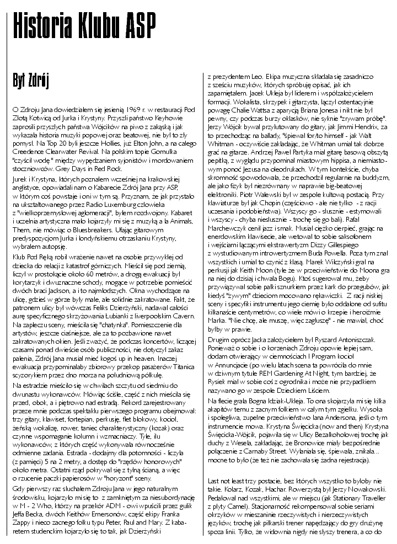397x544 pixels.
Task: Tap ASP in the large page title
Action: click(x=138, y=24)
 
